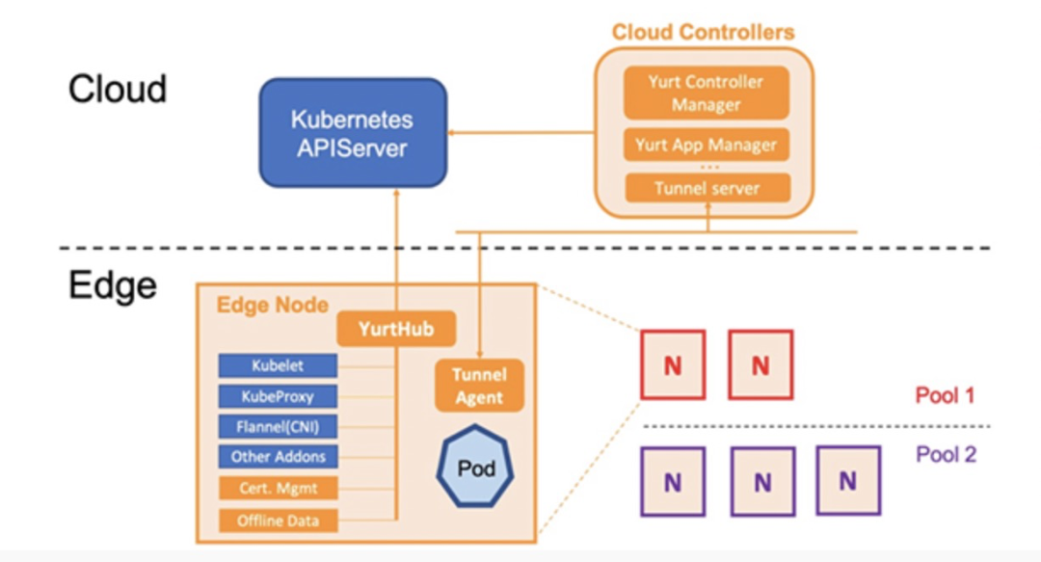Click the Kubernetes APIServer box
[x=352, y=133]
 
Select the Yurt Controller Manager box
[x=706, y=93]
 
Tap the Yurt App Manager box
[x=706, y=146]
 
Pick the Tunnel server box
[x=706, y=188]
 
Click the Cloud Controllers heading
[x=703, y=32]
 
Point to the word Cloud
[x=118, y=89]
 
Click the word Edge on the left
[x=112, y=285]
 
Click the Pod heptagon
[x=476, y=469]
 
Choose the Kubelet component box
[x=278, y=365]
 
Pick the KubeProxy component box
[x=278, y=396]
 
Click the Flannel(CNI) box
[x=278, y=426]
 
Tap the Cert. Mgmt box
[x=278, y=489]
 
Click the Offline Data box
[x=278, y=522]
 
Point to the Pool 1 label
[x=946, y=396]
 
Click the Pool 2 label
[x=946, y=454]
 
